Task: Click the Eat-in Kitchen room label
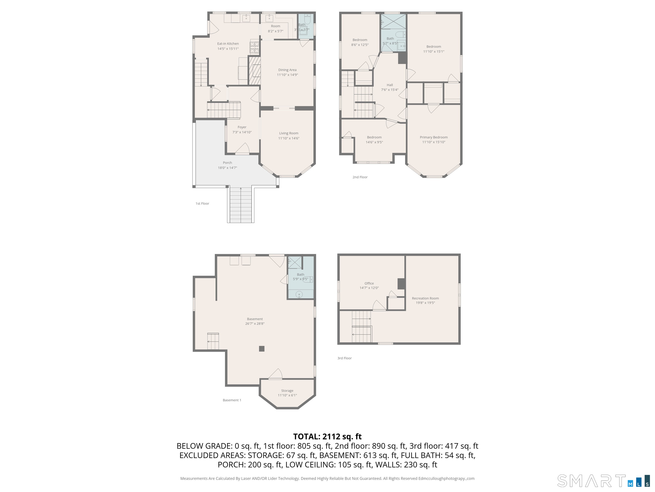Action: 228,44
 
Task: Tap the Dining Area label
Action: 287,70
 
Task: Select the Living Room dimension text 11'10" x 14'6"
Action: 288,138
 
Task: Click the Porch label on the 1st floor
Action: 228,163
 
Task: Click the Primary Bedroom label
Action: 433,137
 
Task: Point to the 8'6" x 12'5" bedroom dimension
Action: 360,45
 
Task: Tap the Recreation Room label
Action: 425,298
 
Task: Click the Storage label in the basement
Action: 287,391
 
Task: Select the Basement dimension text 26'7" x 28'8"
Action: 255,324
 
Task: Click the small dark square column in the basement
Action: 261,349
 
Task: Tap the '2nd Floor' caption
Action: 360,177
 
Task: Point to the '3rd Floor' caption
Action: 344,358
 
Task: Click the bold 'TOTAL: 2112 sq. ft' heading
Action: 327,436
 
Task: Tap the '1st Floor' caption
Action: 202,204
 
